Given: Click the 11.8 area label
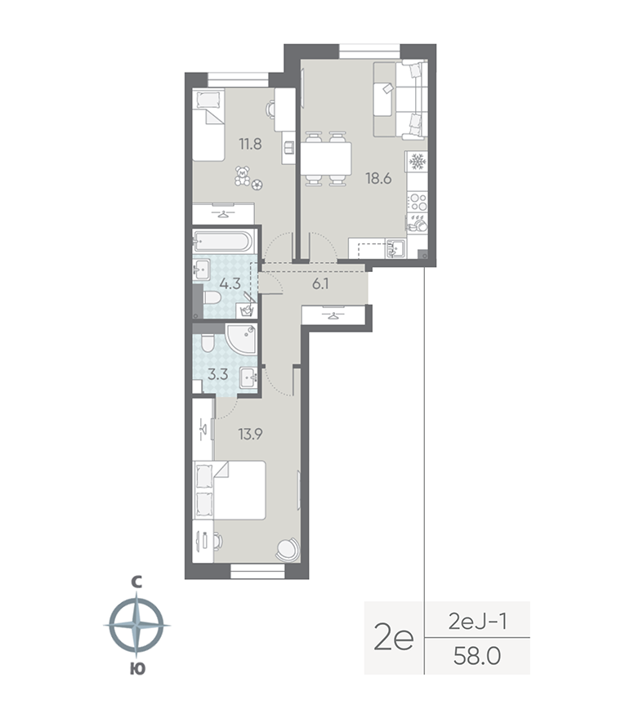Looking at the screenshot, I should tap(250, 145).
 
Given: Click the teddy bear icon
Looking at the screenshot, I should tap(243, 176).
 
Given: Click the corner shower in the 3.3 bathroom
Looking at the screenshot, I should tap(243, 338).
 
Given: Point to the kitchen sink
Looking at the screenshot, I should tap(396, 248).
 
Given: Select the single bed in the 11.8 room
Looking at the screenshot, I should tap(209, 127).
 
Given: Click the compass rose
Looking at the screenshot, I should tap(136, 626).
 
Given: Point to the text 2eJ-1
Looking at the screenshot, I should tap(479, 622).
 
